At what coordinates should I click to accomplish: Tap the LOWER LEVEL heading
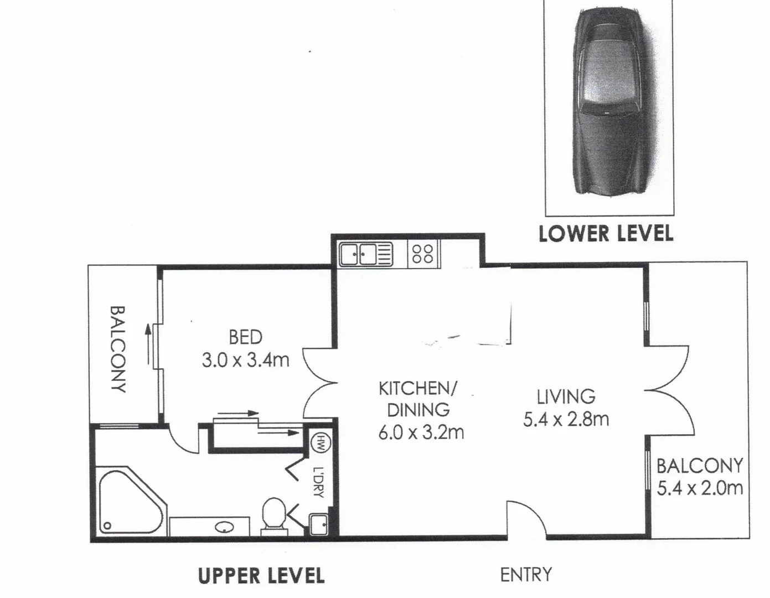(606, 233)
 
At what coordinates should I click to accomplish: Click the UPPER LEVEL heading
(261, 575)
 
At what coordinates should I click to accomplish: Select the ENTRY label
(525, 575)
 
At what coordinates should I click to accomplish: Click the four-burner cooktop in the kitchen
(423, 254)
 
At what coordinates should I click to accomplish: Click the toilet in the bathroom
(273, 514)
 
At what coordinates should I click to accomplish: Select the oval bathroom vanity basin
(224, 527)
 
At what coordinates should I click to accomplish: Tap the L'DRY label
(318, 482)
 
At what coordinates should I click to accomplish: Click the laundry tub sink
(318, 523)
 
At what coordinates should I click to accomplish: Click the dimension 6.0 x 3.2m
(421, 432)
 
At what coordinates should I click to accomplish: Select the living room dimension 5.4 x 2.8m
(566, 419)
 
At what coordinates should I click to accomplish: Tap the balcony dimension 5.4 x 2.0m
(699, 488)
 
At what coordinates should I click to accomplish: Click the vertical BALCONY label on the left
(117, 349)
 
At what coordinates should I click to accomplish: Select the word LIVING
(566, 396)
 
